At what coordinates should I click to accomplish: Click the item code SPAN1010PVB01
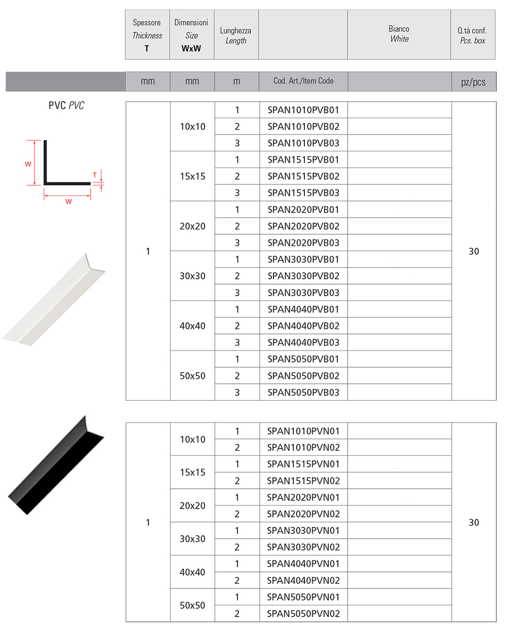303,110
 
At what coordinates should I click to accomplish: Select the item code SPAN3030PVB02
303,276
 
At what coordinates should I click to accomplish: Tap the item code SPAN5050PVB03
303,392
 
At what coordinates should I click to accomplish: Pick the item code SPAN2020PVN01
303,497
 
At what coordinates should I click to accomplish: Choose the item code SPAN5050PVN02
303,614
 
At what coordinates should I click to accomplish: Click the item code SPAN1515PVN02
303,481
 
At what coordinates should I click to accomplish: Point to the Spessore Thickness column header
147,35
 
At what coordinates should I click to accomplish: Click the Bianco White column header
399,34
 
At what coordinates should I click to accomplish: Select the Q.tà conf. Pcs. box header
473,35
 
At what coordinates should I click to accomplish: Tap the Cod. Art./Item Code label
303,81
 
